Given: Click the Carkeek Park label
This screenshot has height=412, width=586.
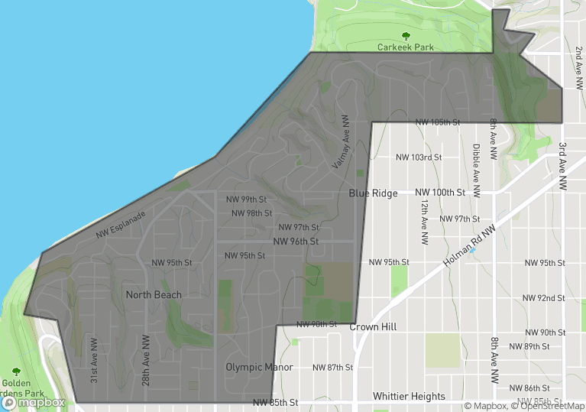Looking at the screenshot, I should click(405, 47).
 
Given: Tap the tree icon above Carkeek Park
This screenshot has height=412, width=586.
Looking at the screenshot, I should click(405, 35).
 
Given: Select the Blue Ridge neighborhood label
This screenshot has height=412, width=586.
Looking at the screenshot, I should click(373, 193).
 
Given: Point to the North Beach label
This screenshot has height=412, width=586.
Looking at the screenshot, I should click(154, 295).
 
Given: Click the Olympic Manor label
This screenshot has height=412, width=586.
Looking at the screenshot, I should click(259, 367).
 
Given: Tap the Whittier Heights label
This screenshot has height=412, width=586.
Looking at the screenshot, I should click(409, 396).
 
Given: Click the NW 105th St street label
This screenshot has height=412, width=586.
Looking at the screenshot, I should click(438, 122).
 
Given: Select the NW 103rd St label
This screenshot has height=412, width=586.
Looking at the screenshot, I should click(419, 157).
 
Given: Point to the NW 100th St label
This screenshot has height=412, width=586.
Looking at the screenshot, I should click(440, 193).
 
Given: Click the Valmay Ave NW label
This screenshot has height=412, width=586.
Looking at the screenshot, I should click(342, 144).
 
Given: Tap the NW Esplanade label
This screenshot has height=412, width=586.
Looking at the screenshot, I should click(121, 224).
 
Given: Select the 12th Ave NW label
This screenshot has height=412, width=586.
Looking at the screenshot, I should click(423, 222).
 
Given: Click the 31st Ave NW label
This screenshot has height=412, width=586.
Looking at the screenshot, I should click(94, 361).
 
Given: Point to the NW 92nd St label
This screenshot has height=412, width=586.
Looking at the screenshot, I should click(543, 298).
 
